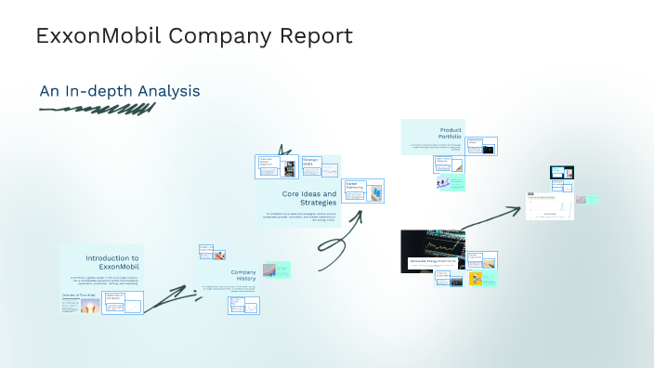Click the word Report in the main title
pyautogui.click(x=312, y=36)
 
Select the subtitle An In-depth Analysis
pyautogui.click(x=119, y=91)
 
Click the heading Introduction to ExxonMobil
pyautogui.click(x=112, y=262)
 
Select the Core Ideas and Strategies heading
pyautogui.click(x=310, y=198)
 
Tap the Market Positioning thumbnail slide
pyautogui.click(x=362, y=191)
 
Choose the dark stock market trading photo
pyautogui.click(x=433, y=250)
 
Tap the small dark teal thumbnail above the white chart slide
pyautogui.click(x=561, y=173)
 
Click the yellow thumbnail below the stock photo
pyautogui.click(x=476, y=278)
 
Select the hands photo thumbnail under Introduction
pyautogui.click(x=89, y=305)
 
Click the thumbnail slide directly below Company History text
pyautogui.click(x=243, y=305)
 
